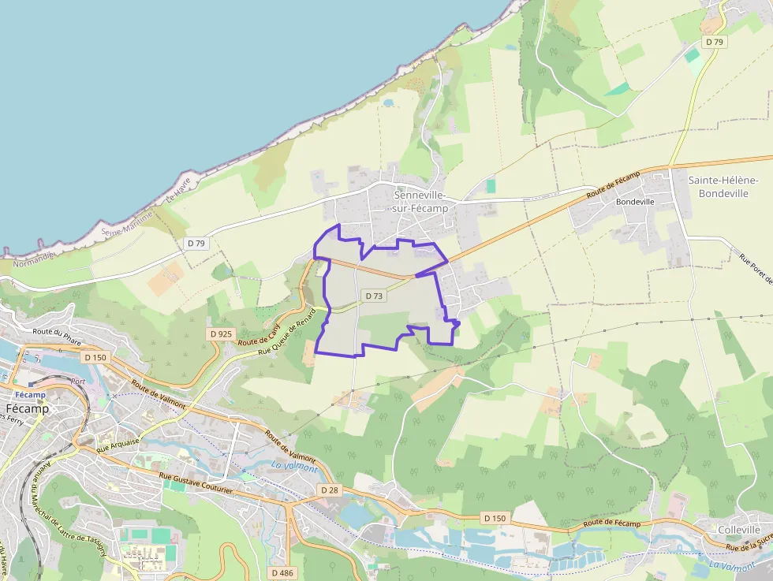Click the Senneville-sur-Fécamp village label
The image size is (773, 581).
420,201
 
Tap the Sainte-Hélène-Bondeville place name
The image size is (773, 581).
723,186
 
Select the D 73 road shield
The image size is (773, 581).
374,296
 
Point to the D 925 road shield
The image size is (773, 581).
222,334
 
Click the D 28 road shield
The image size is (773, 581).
330,490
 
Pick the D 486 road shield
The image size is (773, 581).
282,573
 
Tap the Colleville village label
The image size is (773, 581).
739,530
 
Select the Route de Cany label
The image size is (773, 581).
260,337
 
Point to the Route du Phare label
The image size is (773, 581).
58,337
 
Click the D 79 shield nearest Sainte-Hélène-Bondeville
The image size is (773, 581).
715,41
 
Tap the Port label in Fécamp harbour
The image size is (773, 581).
77,381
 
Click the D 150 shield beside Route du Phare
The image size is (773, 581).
95,357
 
